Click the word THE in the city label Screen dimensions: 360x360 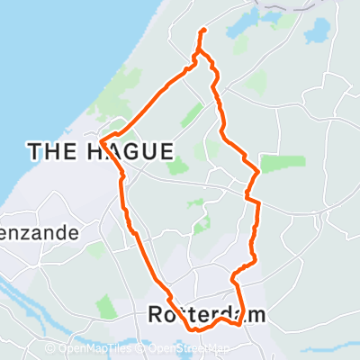[x=53, y=152]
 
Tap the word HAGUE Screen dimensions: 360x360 [x=130, y=152]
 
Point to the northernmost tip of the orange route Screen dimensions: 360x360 [x=203, y=31]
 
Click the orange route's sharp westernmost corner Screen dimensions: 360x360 [x=101, y=141]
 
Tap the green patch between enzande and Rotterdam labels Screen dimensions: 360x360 [x=104, y=306]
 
